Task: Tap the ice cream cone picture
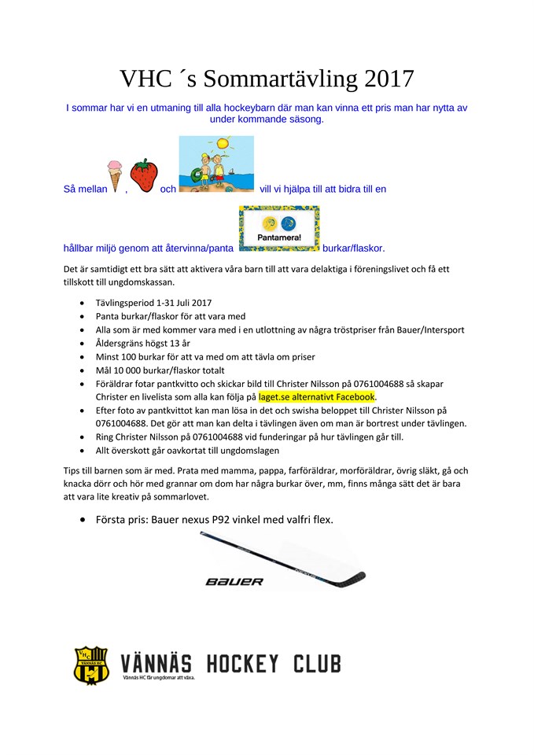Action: click(x=115, y=175)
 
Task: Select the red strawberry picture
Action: click(x=143, y=175)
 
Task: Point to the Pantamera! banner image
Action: click(x=279, y=229)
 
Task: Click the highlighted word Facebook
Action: click(x=348, y=396)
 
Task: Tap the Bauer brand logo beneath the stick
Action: click(x=234, y=581)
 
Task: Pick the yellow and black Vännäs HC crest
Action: click(x=90, y=665)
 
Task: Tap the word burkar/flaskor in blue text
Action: click(x=352, y=249)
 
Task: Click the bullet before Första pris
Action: click(x=83, y=520)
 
